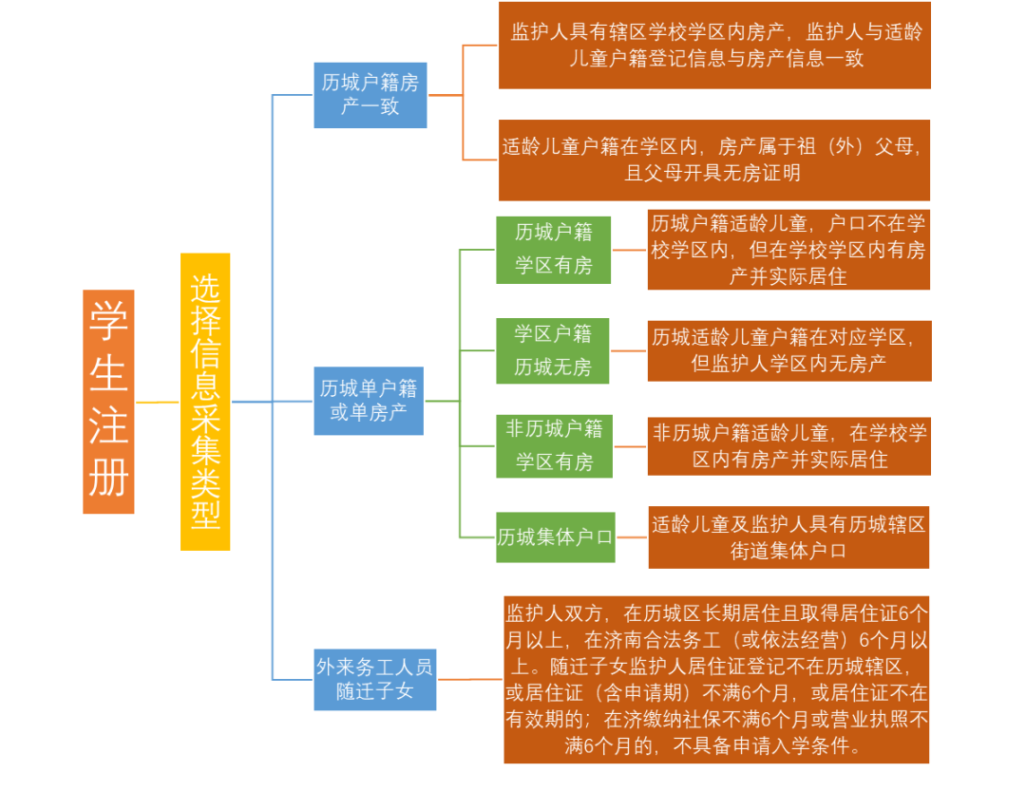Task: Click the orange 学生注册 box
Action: (x=108, y=402)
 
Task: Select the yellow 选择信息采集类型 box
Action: (x=205, y=402)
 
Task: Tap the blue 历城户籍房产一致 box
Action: (x=370, y=95)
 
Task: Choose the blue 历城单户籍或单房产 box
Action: (x=369, y=401)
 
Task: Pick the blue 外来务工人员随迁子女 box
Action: (x=375, y=679)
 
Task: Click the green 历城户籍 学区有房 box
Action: (x=553, y=250)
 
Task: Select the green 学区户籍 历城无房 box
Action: (x=553, y=350)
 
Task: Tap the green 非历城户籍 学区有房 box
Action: (x=554, y=445)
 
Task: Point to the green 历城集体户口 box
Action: (x=556, y=537)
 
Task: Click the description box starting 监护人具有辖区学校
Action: (x=714, y=46)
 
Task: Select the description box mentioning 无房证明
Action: (x=714, y=160)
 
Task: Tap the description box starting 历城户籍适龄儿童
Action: (x=788, y=250)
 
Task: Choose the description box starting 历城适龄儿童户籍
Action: (x=789, y=350)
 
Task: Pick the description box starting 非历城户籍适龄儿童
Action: (x=789, y=445)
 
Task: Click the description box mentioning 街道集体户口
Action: (x=788, y=537)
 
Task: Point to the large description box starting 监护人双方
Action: (x=716, y=679)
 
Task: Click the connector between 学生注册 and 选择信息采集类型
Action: (x=158, y=403)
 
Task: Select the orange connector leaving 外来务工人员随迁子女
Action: (x=470, y=679)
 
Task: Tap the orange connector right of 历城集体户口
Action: (x=632, y=537)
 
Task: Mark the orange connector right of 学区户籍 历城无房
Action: (x=629, y=350)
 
